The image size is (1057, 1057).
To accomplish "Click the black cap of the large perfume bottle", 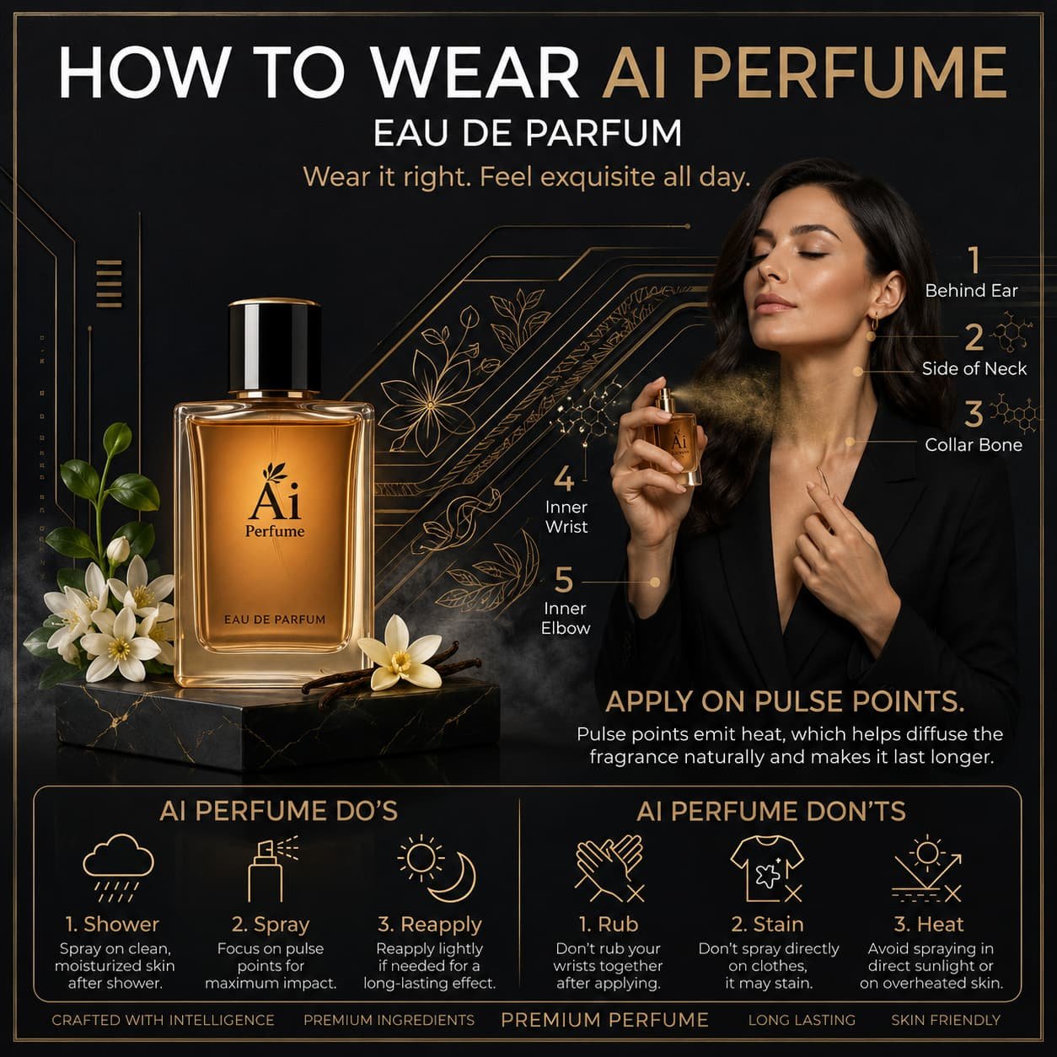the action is [274, 346].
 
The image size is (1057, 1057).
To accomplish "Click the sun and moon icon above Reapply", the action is [436, 868].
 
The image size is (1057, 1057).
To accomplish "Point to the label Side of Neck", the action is [974, 368].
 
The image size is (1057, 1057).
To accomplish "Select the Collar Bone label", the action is [974, 445].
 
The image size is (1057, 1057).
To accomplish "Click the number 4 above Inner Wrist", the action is [563, 479].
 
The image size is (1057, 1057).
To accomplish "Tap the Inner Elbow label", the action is [566, 618].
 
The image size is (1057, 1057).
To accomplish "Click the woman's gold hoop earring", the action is [874, 321].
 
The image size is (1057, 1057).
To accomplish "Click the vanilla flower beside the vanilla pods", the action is [402, 652].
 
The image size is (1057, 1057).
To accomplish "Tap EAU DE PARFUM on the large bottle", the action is [275, 620].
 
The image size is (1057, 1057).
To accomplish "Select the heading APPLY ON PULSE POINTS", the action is [785, 701].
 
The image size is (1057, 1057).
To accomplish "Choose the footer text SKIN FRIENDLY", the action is [947, 1020].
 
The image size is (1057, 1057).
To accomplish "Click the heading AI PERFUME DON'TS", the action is [770, 811].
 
